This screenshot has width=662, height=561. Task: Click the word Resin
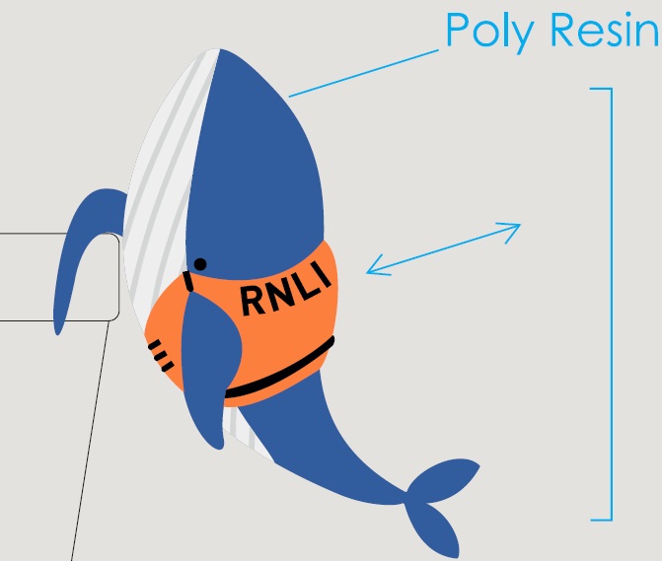pyautogui.click(x=601, y=31)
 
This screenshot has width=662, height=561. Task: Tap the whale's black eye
pyautogui.click(x=200, y=263)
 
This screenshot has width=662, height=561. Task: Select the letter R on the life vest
pyautogui.click(x=254, y=301)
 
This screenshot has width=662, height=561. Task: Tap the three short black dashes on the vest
pyautogui.click(x=162, y=355)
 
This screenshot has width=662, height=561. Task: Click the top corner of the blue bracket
pyautogui.click(x=611, y=90)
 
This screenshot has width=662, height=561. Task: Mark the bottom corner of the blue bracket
pyautogui.click(x=611, y=518)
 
